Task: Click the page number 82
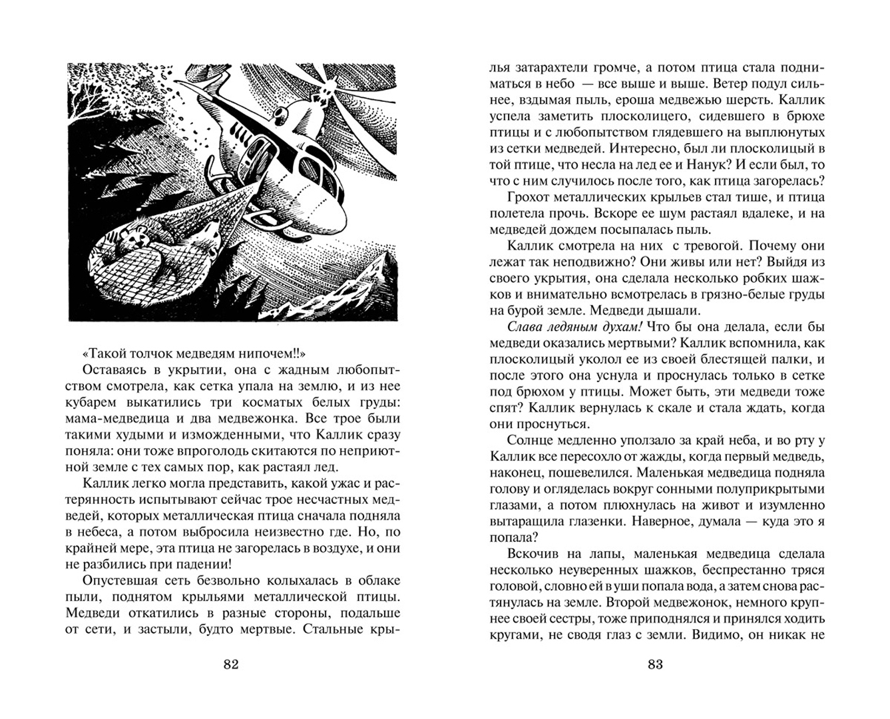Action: (231, 664)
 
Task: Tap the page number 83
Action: (655, 664)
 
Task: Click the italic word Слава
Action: (525, 327)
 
